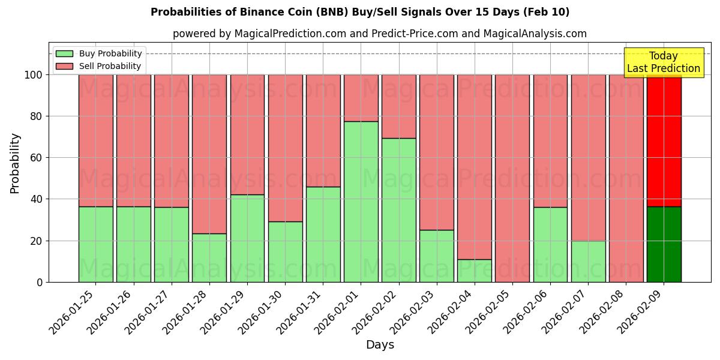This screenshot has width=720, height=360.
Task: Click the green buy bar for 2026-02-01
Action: click(x=361, y=202)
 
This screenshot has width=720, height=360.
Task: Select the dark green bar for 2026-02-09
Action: click(x=664, y=244)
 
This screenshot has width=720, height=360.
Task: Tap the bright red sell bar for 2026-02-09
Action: click(x=664, y=140)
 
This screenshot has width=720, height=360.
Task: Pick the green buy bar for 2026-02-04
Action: click(x=475, y=271)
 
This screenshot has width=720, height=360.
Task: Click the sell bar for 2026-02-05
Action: click(x=512, y=178)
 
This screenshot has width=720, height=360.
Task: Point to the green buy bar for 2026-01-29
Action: click(x=247, y=238)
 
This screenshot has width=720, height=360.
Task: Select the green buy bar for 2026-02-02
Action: click(x=399, y=210)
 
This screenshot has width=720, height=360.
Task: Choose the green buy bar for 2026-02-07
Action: click(x=588, y=261)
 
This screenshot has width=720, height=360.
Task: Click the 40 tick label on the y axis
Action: click(x=35, y=199)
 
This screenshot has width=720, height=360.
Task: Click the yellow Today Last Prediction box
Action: click(x=663, y=62)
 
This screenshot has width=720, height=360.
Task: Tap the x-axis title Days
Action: click(x=380, y=345)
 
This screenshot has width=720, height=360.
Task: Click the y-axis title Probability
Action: click(x=15, y=163)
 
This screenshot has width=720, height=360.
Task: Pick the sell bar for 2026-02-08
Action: click(x=626, y=178)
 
